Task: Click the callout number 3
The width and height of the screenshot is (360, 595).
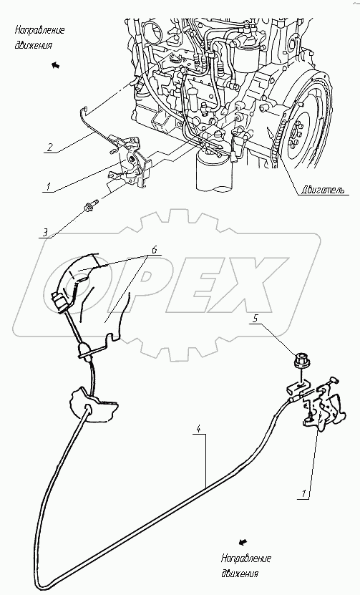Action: click(45, 232)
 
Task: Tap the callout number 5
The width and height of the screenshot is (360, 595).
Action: click(256, 318)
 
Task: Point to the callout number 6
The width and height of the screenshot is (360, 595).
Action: click(153, 249)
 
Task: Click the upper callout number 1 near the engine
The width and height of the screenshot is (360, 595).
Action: click(49, 187)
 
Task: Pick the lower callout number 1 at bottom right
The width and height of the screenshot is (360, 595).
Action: click(303, 493)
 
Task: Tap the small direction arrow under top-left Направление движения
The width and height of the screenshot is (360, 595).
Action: click(56, 65)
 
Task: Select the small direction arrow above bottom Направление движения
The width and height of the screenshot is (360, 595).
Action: click(243, 541)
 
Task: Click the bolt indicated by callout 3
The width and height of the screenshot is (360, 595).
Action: click(89, 205)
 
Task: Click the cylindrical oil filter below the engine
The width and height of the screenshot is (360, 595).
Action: click(212, 170)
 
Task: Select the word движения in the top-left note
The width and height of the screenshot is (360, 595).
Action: click(34, 45)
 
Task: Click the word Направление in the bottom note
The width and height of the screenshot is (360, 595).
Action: click(245, 558)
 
